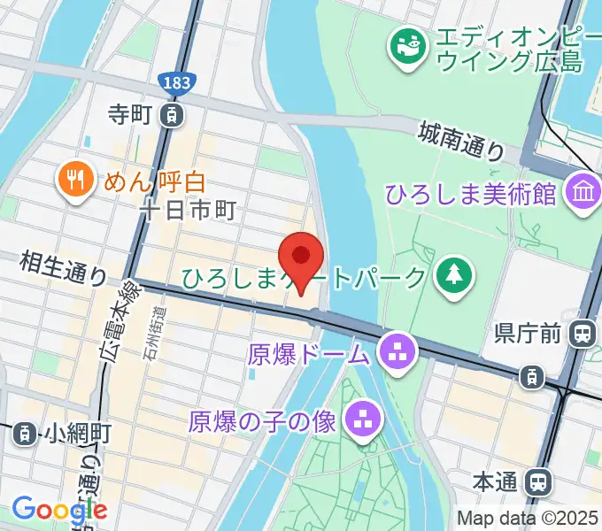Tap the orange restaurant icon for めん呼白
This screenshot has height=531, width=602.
74,181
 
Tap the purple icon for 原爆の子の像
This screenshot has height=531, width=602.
361,420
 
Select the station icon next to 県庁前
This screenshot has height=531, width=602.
583,334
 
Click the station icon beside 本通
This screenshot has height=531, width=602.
536,482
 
